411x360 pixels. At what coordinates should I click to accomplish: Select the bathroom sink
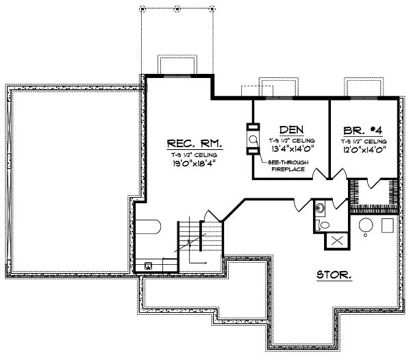(x=320, y=208)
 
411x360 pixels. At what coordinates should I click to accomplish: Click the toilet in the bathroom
(x=324, y=224)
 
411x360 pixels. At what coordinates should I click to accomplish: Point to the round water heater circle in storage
(x=366, y=227)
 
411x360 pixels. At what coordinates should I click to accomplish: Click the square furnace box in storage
(x=388, y=225)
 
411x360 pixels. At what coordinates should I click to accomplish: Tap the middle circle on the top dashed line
(x=177, y=9)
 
